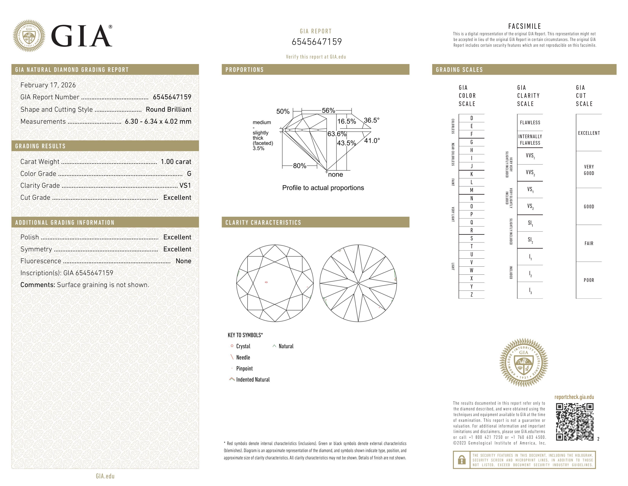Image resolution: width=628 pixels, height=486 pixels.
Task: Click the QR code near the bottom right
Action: (575, 422)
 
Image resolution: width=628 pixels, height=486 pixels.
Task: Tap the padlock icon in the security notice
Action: (461, 460)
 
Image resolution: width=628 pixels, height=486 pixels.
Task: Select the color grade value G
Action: (189, 174)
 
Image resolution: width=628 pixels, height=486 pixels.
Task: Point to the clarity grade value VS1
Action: (185, 185)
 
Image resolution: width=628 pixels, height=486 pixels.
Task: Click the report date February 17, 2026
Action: (48, 85)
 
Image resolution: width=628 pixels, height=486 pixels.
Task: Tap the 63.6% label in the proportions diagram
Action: (336, 134)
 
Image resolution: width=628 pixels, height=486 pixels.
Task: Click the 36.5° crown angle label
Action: (371, 120)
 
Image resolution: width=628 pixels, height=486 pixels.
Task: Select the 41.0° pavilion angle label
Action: (372, 141)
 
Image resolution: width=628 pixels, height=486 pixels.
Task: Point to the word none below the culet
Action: (335, 174)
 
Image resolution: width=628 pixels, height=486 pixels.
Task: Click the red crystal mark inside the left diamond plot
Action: (266, 282)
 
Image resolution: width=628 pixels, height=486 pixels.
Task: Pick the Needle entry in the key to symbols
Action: (243, 357)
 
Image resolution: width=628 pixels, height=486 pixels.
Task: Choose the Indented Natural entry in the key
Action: (253, 379)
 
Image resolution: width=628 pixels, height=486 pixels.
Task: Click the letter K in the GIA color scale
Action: (472, 174)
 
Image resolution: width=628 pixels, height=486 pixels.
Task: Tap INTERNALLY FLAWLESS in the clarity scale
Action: (530, 140)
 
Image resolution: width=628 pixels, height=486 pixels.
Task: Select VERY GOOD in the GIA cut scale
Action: (589, 170)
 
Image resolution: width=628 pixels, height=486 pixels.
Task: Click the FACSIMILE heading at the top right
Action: (524, 26)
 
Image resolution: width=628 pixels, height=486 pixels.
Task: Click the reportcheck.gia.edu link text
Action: (574, 397)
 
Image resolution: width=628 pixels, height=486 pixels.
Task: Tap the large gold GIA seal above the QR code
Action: (524, 362)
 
